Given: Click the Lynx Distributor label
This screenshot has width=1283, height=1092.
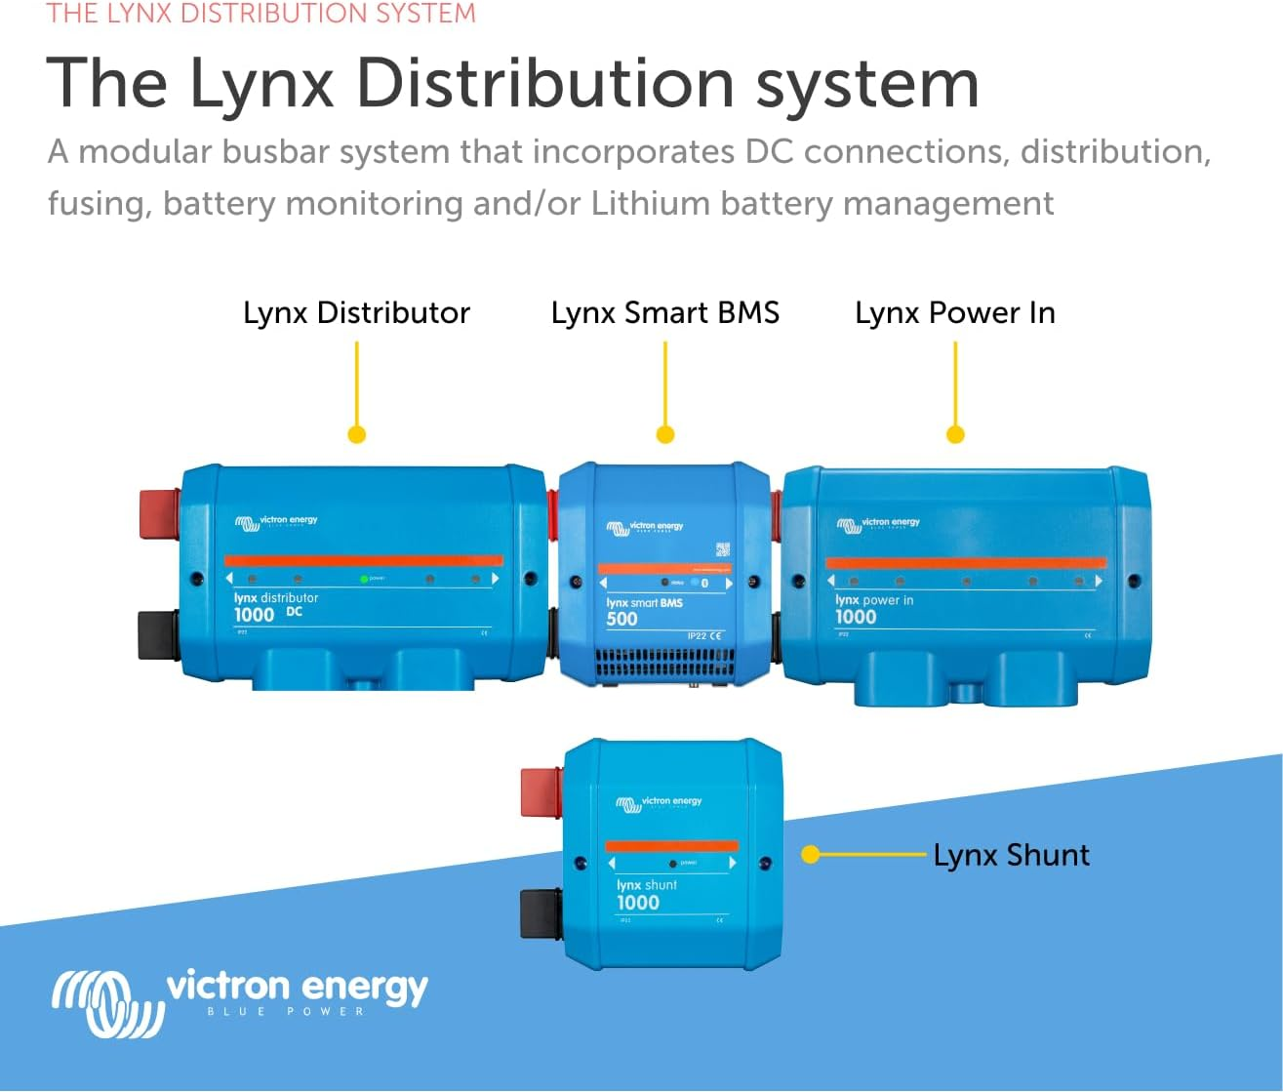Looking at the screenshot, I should pyautogui.click(x=356, y=313).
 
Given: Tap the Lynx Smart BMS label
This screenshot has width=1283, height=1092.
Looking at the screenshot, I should pyautogui.click(x=664, y=313).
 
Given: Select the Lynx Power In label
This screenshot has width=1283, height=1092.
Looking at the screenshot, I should pyautogui.click(x=954, y=313).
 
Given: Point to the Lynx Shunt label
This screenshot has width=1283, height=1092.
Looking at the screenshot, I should pyautogui.click(x=1011, y=855).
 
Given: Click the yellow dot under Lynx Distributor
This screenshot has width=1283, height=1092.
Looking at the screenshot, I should pyautogui.click(x=357, y=434).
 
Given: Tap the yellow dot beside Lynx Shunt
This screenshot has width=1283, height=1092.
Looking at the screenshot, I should pyautogui.click(x=810, y=855).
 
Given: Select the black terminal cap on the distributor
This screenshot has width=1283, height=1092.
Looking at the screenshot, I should pyautogui.click(x=158, y=634).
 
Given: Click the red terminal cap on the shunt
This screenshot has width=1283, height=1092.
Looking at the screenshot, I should pyautogui.click(x=541, y=792).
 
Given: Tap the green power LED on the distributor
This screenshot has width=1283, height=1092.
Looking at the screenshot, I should pyautogui.click(x=364, y=579).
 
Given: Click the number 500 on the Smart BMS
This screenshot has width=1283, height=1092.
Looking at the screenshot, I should pyautogui.click(x=621, y=619).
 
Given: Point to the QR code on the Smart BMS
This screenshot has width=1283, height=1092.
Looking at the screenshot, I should pyautogui.click(x=722, y=549).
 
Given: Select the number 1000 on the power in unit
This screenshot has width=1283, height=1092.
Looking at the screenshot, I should pyautogui.click(x=856, y=617).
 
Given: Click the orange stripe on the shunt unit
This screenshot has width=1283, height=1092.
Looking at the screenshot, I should pyautogui.click(x=671, y=845).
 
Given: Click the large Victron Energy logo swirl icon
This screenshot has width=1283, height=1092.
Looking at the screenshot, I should pyautogui.click(x=105, y=1003).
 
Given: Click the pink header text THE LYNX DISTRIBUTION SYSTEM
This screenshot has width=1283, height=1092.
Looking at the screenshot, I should pyautogui.click(x=261, y=14).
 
